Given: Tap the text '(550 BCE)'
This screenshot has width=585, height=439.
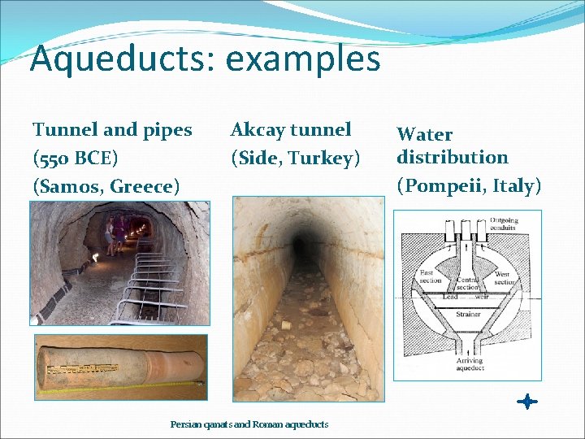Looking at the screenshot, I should coord(76,158).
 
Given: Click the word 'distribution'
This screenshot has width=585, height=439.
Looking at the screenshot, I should coord(452,157).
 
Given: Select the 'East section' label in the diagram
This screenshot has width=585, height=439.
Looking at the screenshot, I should coord(430,276).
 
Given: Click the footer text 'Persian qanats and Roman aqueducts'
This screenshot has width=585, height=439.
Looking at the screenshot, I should coord(249,424).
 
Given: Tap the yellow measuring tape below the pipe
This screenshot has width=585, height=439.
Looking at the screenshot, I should coord(122,382).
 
